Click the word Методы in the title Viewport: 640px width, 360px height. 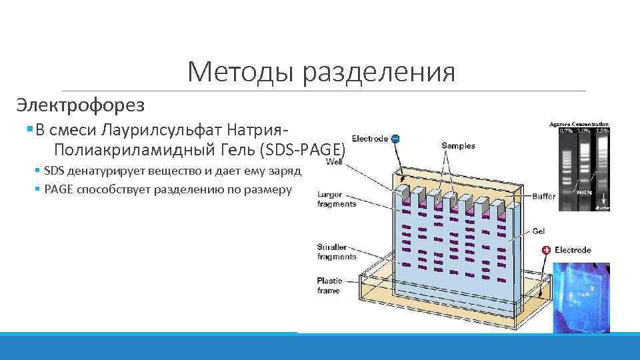[x=241, y=72]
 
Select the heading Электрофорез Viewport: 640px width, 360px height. [x=80, y=105]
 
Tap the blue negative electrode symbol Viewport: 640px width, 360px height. [x=395, y=138]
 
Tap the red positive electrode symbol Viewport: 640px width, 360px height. [x=546, y=250]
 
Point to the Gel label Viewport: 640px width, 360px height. [x=538, y=231]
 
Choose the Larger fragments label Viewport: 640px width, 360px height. [x=337, y=199]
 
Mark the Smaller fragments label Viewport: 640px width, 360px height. [x=337, y=251]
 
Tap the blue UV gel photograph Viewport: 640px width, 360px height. [x=581, y=297]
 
